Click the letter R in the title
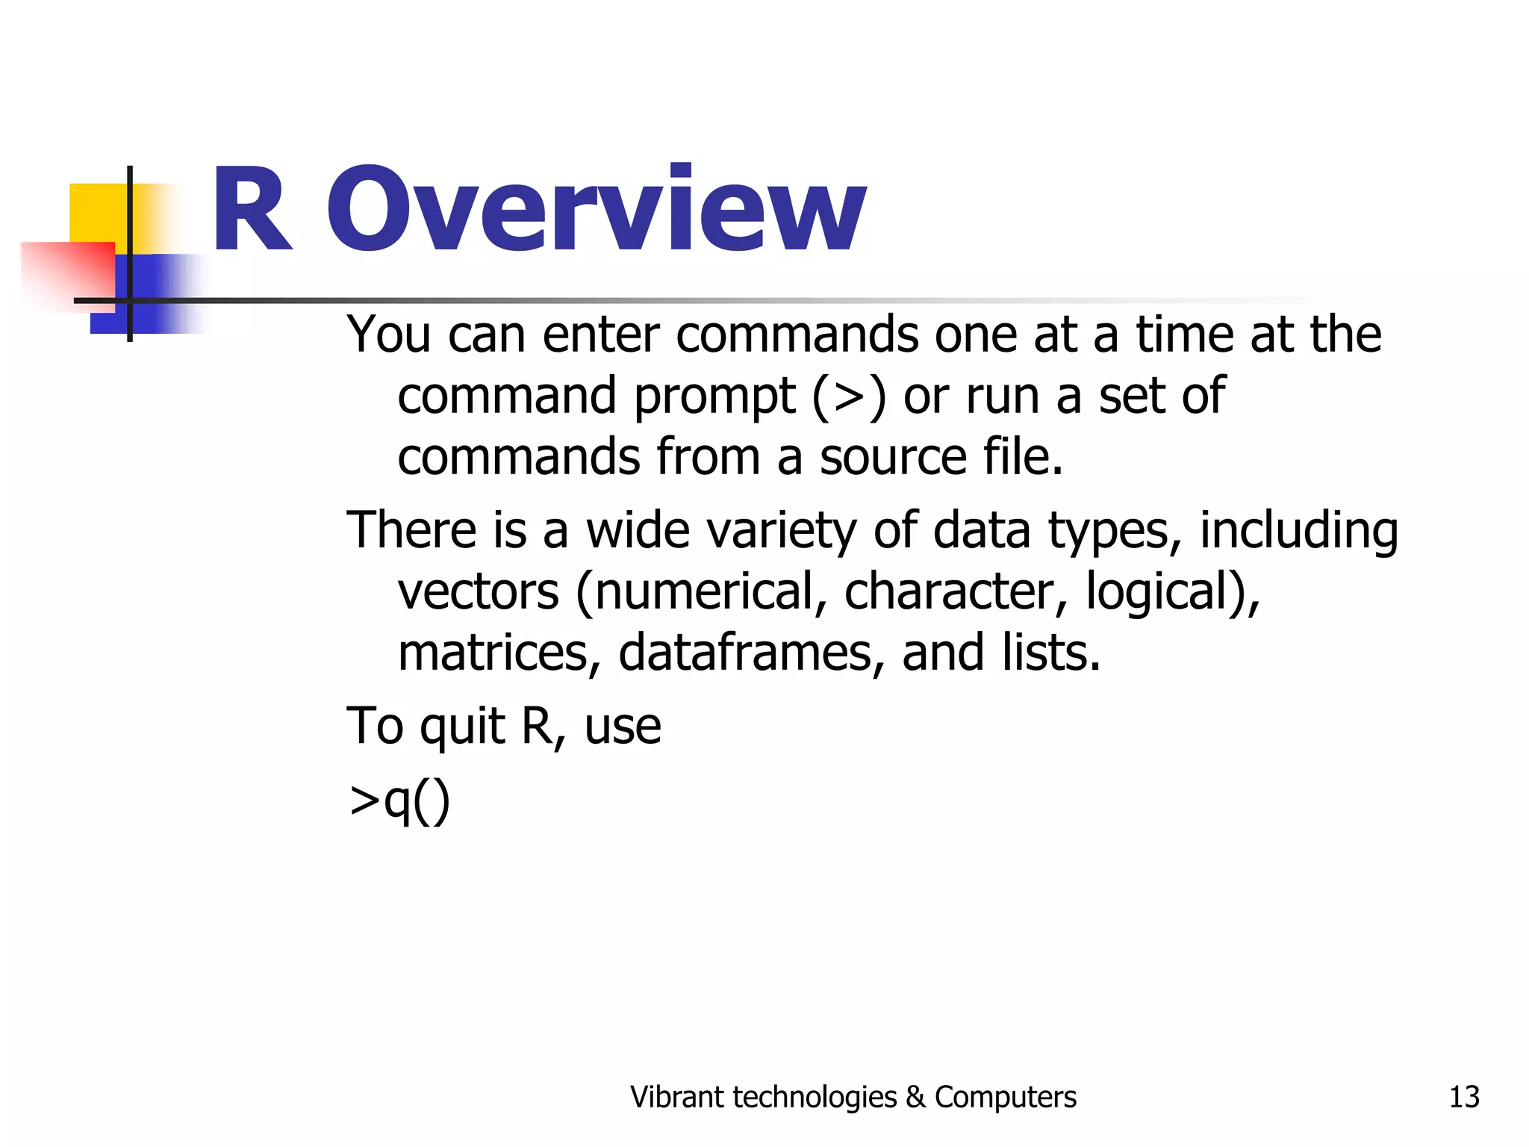[251, 211]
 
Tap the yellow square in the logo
[97, 213]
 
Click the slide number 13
[1463, 1097]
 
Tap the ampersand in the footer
[915, 1097]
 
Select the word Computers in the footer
[1005, 1097]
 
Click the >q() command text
[399, 801]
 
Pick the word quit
[463, 727]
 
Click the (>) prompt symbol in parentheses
[849, 396]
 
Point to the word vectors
[478, 591]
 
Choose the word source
[892, 457]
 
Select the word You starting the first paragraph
[388, 335]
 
